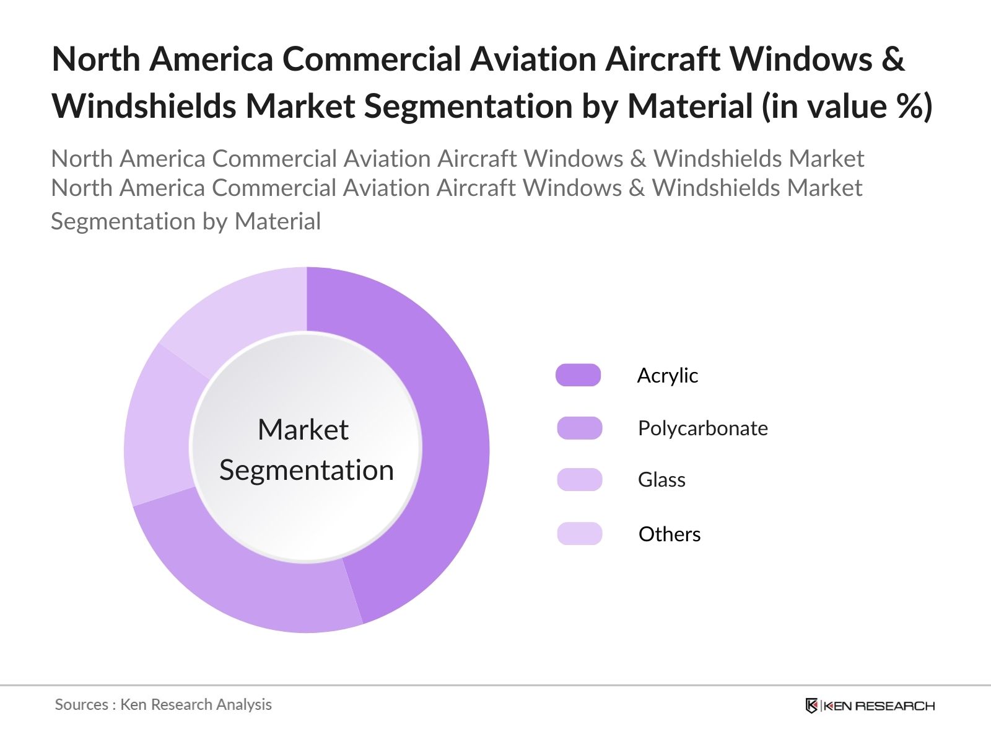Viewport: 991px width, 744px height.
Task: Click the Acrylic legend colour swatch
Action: (578, 375)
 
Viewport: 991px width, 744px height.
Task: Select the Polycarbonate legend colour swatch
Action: (579, 428)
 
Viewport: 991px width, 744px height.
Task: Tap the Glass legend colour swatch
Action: (579, 479)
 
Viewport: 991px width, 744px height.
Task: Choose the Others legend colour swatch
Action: (579, 534)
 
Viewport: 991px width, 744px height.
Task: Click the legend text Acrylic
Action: (667, 376)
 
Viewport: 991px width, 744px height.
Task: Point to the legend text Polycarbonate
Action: (702, 428)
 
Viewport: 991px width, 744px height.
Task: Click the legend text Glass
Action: (661, 480)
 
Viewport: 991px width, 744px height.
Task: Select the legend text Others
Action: (669, 534)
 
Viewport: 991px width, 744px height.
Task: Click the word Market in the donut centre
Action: (303, 430)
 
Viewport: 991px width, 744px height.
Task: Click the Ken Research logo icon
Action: (811, 706)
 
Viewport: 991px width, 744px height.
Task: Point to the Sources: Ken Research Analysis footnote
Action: (163, 704)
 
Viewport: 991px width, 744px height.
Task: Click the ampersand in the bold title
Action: (893, 60)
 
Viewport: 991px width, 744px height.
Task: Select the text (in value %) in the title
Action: (847, 107)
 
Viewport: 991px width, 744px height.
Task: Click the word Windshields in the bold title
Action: (144, 107)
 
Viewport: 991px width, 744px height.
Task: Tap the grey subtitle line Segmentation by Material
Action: (186, 221)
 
